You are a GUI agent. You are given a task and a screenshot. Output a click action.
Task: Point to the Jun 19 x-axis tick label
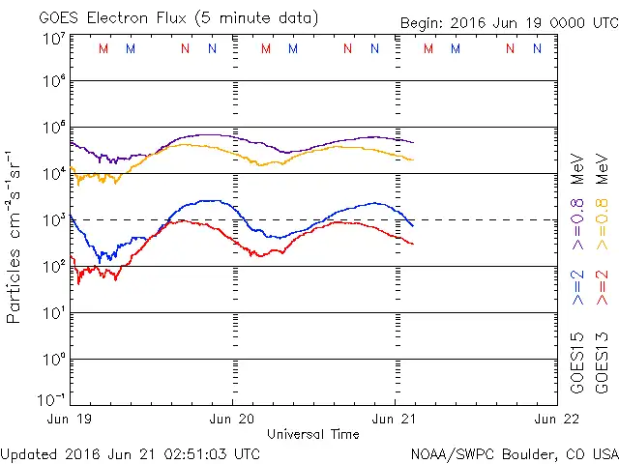coord(72,420)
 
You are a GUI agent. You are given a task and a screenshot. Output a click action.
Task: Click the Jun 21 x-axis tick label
coord(395,420)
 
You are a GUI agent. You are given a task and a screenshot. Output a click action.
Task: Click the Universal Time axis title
coord(313,434)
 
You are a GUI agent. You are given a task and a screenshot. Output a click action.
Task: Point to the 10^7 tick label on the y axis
coord(53,39)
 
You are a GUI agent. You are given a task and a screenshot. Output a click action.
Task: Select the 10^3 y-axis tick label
coord(53,220)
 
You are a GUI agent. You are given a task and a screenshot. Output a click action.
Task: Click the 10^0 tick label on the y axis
coord(53,360)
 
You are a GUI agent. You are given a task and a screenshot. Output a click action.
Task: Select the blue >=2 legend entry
coord(578,287)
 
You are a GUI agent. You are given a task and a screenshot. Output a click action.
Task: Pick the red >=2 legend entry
coord(602,287)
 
